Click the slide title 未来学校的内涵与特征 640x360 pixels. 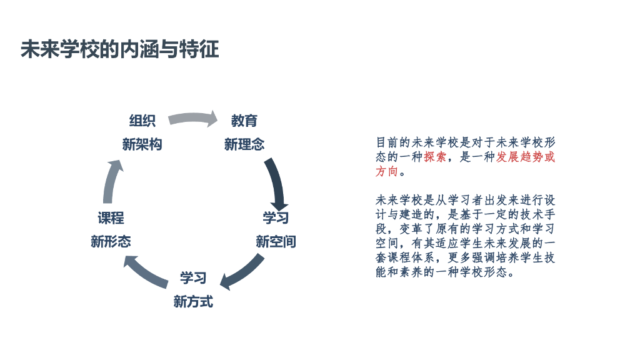tap(119, 49)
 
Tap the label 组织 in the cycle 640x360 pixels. tap(142, 121)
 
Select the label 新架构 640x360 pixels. tap(142, 144)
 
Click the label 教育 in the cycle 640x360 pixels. tap(244, 121)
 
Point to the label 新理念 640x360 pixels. tap(244, 144)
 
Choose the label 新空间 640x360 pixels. tap(276, 241)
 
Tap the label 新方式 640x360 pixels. tap(193, 301)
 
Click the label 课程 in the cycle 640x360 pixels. tap(111, 218)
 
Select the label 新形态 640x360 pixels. tap(111, 241)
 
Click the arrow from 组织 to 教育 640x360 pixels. tap(192, 118)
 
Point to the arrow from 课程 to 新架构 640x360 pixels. tap(111, 182)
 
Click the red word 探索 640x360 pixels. tap(435, 157)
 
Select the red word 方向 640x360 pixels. tap(386, 171)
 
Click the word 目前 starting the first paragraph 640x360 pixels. tap(386, 142)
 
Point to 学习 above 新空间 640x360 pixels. tap(276, 218)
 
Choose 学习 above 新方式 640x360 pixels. tap(193, 277)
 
